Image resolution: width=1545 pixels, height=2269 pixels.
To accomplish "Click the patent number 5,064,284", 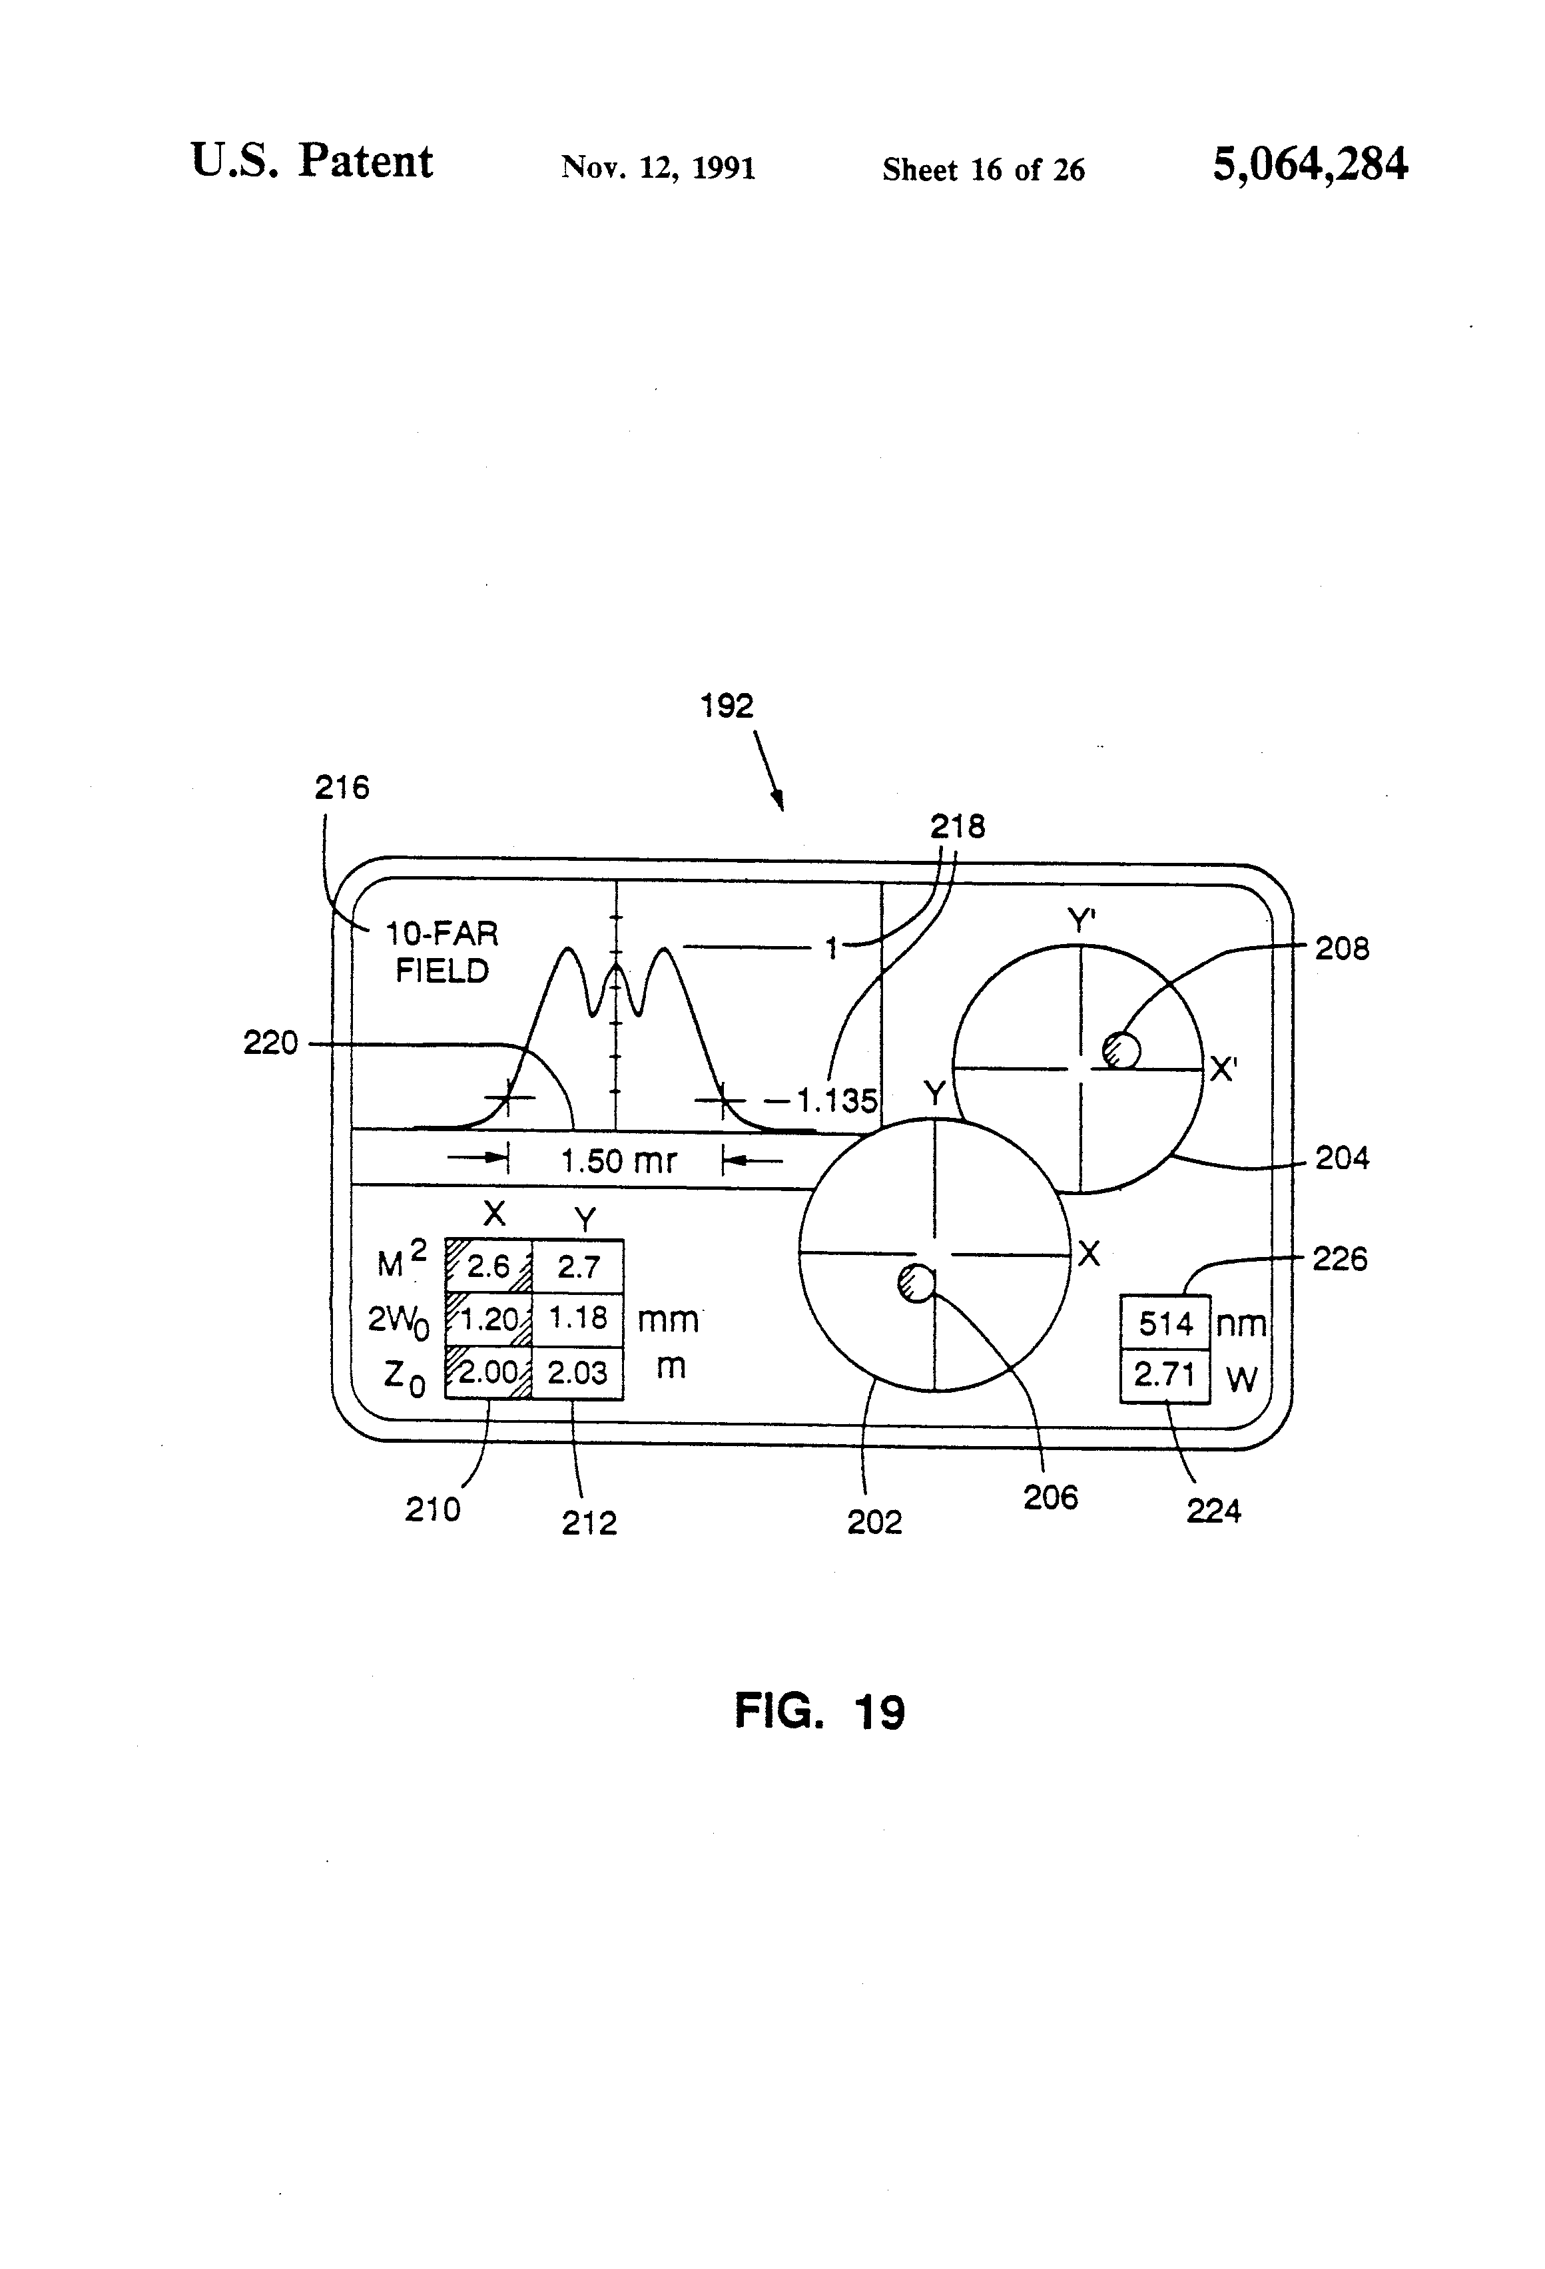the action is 1310,164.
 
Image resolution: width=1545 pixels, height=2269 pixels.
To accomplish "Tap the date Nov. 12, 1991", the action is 658,168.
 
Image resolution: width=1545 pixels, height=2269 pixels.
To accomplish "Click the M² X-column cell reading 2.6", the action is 488,1266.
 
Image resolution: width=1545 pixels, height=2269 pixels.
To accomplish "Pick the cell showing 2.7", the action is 578,1266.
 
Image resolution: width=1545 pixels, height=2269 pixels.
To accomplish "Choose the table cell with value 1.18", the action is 578,1318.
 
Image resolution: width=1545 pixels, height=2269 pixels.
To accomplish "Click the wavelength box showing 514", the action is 1165,1323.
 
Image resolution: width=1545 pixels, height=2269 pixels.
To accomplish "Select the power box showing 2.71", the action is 1165,1376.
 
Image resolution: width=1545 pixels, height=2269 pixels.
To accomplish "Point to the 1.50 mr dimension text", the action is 619,1161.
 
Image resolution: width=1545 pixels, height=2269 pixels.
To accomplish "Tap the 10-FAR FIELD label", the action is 442,953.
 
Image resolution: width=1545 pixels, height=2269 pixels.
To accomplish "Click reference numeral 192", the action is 727,706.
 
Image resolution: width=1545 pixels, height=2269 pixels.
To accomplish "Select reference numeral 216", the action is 342,787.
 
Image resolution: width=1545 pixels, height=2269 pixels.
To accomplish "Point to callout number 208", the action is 1342,948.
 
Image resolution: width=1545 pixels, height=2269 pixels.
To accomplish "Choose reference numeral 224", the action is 1213,1511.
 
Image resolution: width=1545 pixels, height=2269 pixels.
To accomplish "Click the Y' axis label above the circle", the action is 1080,919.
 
